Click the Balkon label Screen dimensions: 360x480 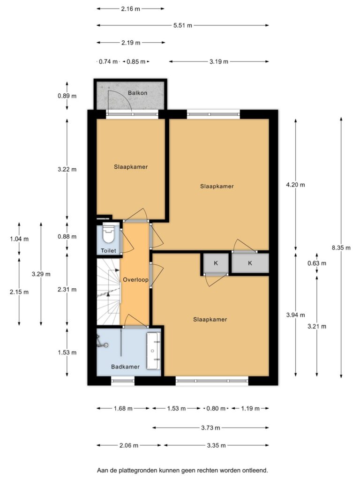click(x=137, y=93)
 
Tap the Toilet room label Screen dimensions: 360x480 click(x=108, y=251)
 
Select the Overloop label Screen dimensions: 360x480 click(x=135, y=279)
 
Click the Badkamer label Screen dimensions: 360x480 click(x=125, y=367)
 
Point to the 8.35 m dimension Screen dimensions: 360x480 click(x=341, y=247)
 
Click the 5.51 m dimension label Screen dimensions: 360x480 click(x=183, y=25)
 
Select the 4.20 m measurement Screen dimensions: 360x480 click(x=295, y=185)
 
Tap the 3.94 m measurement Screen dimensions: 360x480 click(x=295, y=315)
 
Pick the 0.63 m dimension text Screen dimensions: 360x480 click(x=317, y=263)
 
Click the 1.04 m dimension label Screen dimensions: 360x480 click(x=19, y=239)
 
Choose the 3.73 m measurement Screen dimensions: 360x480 click(x=210, y=427)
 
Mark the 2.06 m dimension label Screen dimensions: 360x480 click(x=129, y=445)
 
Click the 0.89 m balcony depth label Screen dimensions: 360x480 click(x=67, y=96)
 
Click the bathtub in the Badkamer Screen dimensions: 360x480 click(x=153, y=351)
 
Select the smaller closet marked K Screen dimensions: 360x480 click(x=216, y=263)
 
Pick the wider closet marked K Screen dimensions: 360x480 click(x=250, y=263)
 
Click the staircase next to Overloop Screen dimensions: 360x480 click(x=108, y=292)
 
